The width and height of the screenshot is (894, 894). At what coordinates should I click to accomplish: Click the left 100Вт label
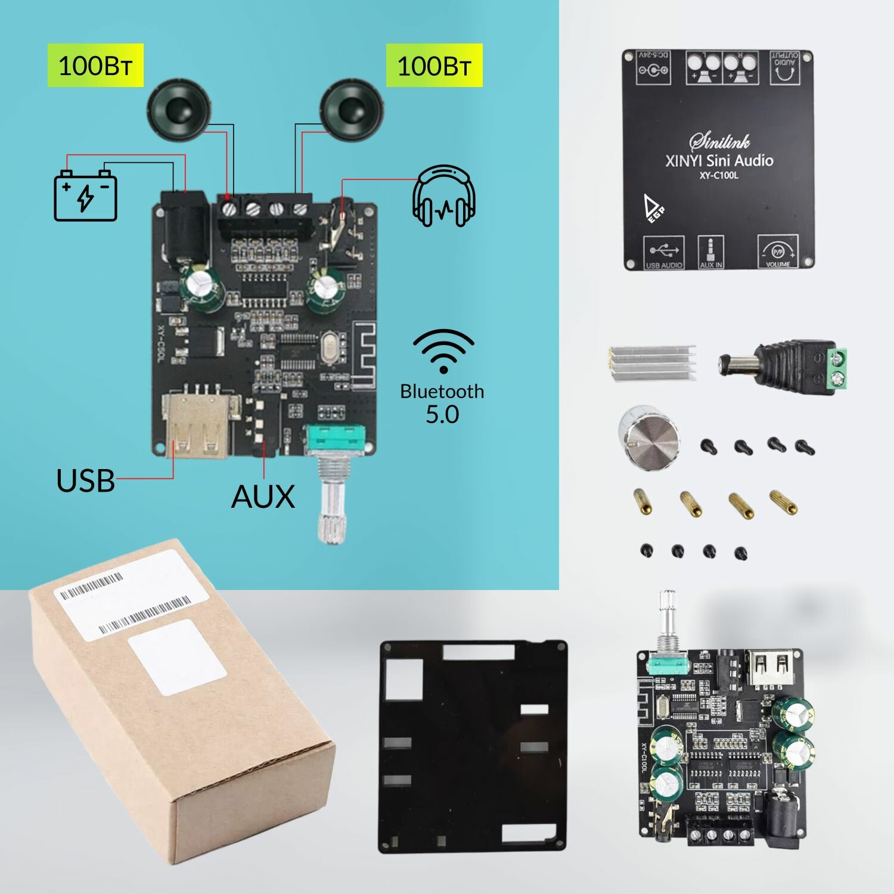(x=95, y=66)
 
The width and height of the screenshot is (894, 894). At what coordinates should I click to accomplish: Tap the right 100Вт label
(x=434, y=66)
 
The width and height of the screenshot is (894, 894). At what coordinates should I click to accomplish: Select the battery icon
(x=85, y=195)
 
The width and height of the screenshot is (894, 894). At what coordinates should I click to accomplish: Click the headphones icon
(x=444, y=197)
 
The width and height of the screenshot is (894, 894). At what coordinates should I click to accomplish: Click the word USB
(x=85, y=480)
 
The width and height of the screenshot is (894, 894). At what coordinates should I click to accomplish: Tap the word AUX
(x=263, y=496)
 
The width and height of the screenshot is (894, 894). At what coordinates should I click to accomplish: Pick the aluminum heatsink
(x=651, y=362)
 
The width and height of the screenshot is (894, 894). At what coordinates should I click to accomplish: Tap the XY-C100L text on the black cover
(x=718, y=175)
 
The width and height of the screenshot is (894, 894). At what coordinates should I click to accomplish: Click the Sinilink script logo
(x=719, y=141)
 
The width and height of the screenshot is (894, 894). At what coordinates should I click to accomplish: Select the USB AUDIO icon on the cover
(x=663, y=253)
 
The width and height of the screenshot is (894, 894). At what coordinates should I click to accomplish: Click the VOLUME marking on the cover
(x=777, y=253)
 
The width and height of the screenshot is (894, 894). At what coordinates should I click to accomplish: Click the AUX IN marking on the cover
(x=710, y=253)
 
